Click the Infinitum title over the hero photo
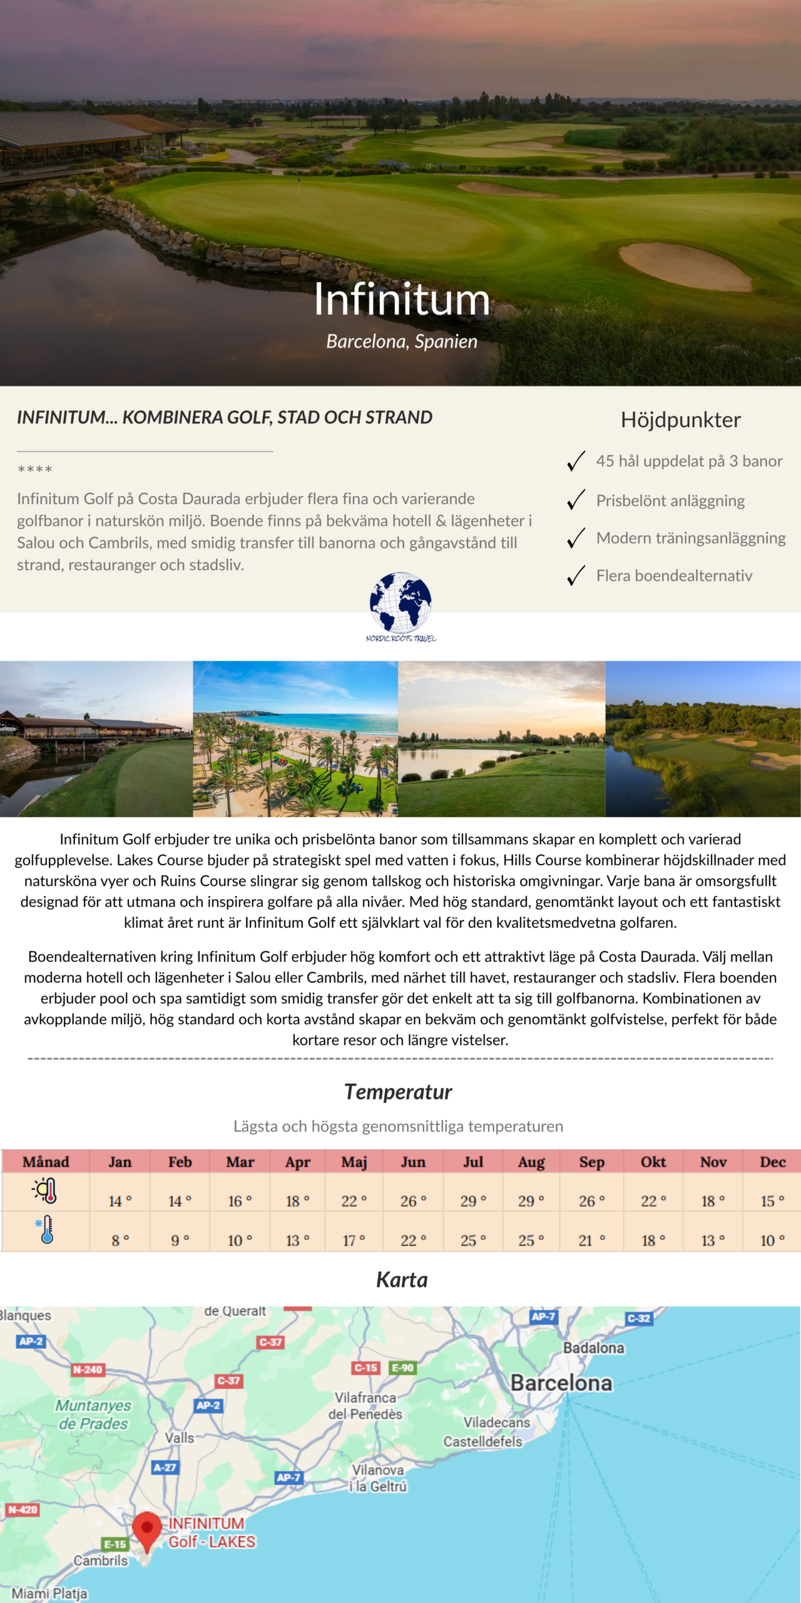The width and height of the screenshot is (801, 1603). point(402,299)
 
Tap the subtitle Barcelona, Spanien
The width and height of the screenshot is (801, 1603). point(402,341)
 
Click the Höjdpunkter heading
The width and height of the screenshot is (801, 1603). point(680,420)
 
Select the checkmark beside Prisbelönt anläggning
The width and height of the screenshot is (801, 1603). point(576,500)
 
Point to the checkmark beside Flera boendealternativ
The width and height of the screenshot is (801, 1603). point(576,575)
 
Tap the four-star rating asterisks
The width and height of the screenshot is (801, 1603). point(35,469)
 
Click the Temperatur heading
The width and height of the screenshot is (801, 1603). point(398,1091)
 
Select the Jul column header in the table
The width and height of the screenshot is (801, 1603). point(473,1162)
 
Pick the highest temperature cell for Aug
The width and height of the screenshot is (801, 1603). point(531,1200)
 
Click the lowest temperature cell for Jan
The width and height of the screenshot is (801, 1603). point(120,1240)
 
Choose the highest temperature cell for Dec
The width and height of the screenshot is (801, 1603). point(772,1200)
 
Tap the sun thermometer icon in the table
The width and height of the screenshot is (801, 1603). point(46,1190)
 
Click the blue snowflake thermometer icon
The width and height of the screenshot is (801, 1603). point(46,1230)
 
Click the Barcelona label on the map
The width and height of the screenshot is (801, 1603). point(561,1383)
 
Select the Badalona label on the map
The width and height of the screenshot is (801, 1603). point(593,1348)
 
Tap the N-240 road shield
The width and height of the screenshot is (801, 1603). point(87,1369)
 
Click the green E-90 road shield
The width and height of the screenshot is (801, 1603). point(402,1368)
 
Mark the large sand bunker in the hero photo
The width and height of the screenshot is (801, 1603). point(685,265)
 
